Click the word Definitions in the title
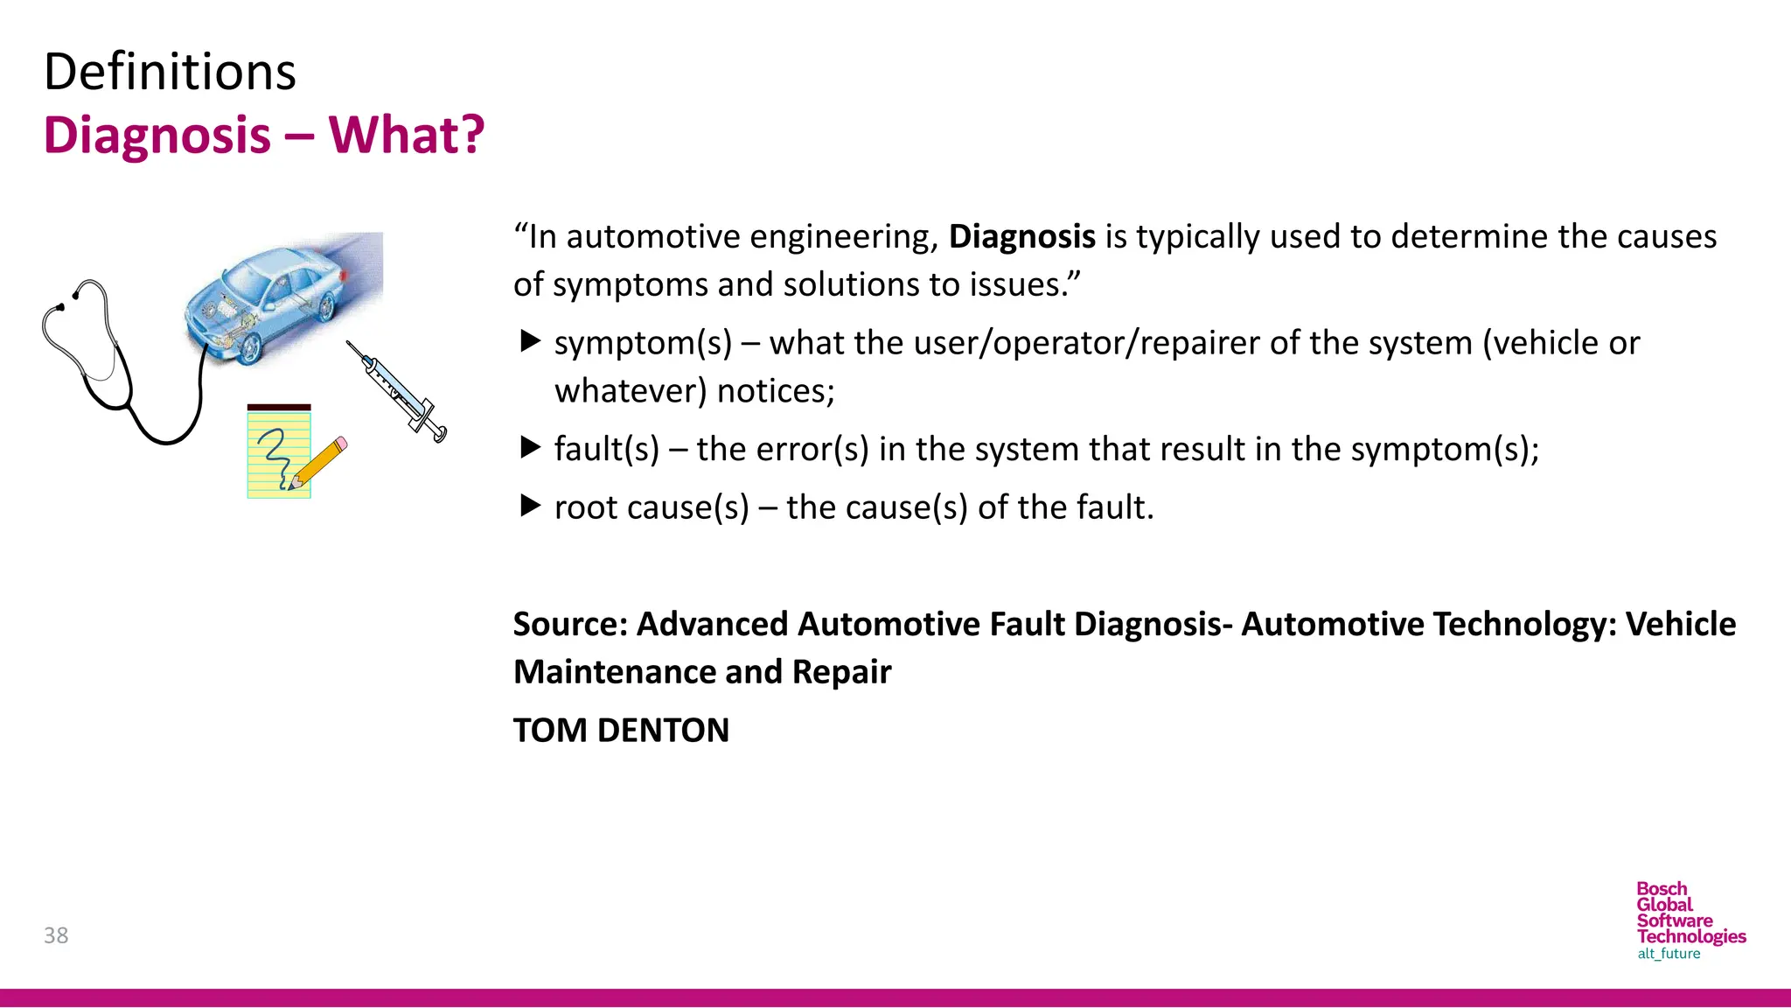(x=170, y=72)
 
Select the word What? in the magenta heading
(x=407, y=136)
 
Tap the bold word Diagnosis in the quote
(x=1021, y=237)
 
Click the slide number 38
(x=56, y=935)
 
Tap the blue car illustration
(x=280, y=297)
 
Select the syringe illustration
(x=398, y=392)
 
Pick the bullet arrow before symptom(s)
(x=530, y=341)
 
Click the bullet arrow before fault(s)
(x=530, y=448)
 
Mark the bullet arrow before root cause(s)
(x=530, y=506)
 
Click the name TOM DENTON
(x=621, y=731)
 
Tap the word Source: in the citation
(x=570, y=625)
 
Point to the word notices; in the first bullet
(x=776, y=391)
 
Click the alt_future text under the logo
(x=1669, y=954)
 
